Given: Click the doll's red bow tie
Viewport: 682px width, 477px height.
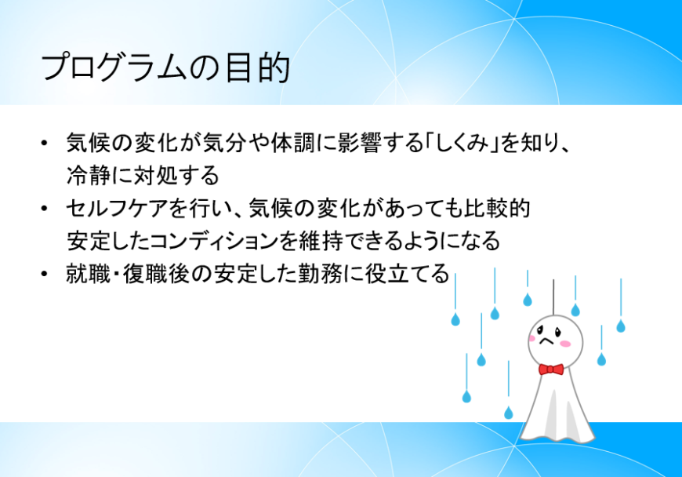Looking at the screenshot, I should pyautogui.click(x=551, y=369).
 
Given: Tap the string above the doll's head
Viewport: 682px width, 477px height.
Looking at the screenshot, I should pyautogui.click(x=553, y=295).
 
